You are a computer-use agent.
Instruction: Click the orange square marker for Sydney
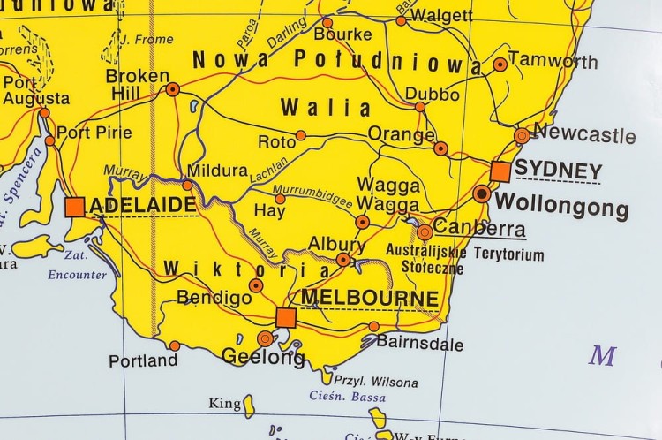click(500, 171)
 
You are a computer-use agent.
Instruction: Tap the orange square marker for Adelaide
click(75, 207)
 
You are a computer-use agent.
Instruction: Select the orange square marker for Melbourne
click(285, 317)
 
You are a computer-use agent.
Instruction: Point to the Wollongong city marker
click(482, 193)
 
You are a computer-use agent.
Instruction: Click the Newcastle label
click(584, 135)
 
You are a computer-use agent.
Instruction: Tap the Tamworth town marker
click(500, 64)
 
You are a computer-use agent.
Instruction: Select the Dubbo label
click(433, 95)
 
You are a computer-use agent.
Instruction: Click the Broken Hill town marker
click(173, 88)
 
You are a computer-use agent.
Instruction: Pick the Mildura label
click(217, 170)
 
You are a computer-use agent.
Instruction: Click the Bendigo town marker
click(256, 285)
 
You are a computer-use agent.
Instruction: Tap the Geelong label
click(263, 357)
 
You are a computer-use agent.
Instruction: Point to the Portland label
click(143, 360)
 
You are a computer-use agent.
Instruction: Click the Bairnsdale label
click(419, 343)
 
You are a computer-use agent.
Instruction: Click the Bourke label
click(342, 34)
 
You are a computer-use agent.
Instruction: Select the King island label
click(224, 404)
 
